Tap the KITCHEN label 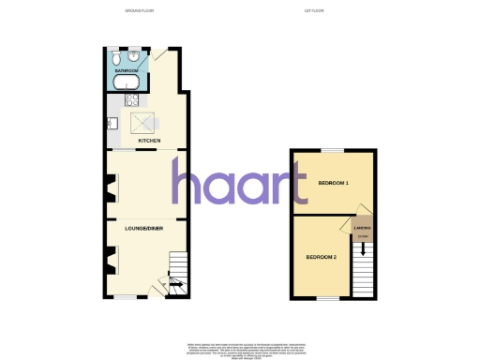[149, 141]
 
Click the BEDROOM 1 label [333, 182]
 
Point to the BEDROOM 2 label [322, 255]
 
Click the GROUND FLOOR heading [142, 11]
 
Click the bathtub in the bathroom [127, 82]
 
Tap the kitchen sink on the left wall [111, 123]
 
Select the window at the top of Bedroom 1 [332, 150]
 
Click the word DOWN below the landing [363, 235]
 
